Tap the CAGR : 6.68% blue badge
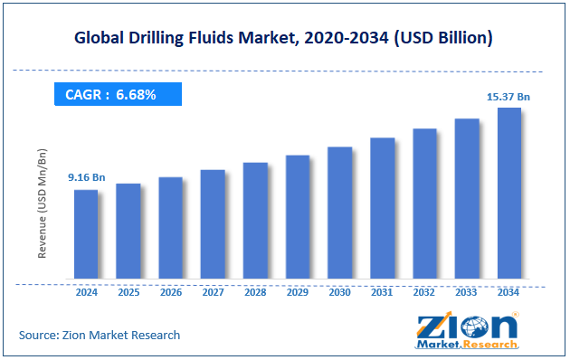click(x=118, y=94)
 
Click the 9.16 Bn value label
click(x=87, y=177)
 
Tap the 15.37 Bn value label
click(x=508, y=95)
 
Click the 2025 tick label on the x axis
click(x=128, y=293)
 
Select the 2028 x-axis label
click(x=255, y=293)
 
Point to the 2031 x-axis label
click(x=382, y=293)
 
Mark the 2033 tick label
click(x=466, y=293)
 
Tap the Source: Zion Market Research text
click(x=100, y=335)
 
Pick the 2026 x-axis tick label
click(x=170, y=293)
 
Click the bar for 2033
click(x=466, y=198)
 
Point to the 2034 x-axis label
click(x=508, y=293)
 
